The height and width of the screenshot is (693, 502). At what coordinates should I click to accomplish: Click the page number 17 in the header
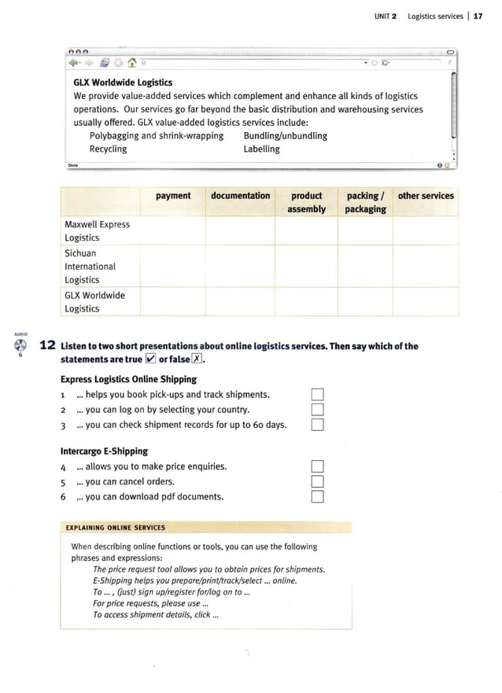pos(478,16)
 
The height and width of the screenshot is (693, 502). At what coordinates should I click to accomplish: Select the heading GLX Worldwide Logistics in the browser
pos(123,82)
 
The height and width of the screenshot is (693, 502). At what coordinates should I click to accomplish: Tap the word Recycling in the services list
pos(108,149)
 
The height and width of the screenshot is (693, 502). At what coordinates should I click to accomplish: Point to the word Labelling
pos(261,149)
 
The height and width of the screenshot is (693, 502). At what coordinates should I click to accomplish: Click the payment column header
pos(173,196)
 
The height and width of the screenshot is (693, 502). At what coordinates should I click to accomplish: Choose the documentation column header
pos(240,196)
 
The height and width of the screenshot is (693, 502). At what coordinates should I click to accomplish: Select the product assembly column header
pos(307,202)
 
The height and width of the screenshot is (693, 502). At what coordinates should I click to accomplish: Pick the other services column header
pos(426,196)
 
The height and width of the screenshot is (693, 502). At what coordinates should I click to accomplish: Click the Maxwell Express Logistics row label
pos(97,230)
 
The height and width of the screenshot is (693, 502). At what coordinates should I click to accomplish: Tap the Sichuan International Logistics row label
pos(90,266)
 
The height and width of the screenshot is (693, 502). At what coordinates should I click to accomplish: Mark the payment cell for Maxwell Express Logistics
pos(173,230)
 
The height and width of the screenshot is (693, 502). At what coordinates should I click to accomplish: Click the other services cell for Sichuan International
pos(426,266)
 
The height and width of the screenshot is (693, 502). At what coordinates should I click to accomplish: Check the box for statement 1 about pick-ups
pos(317,395)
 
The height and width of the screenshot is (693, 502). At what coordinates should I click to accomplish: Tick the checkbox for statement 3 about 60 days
pos(317,426)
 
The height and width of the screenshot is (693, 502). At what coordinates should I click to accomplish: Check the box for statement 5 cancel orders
pos(317,481)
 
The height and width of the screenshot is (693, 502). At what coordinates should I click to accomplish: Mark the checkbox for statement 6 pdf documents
pos(317,497)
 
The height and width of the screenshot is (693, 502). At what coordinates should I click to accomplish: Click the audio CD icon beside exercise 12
pos(20,347)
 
